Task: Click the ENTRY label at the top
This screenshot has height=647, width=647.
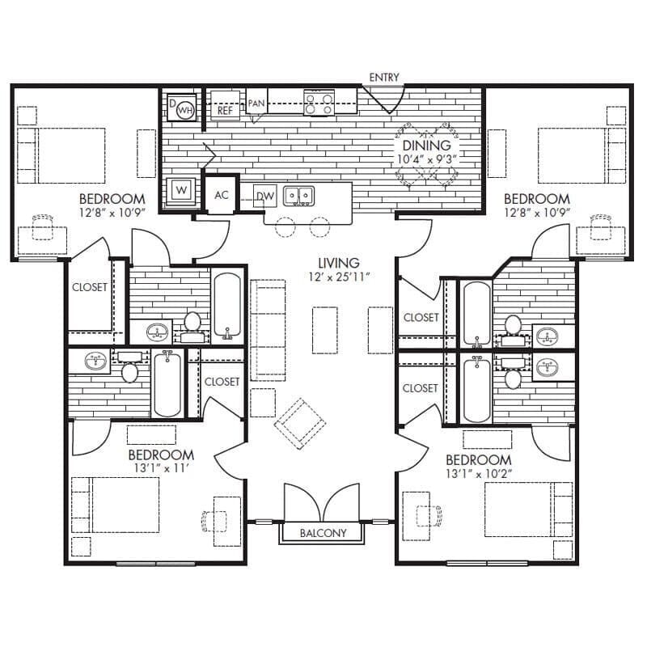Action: pos(384,77)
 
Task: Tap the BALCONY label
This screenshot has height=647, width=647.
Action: pos(323,533)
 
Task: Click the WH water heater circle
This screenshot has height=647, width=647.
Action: pos(185,109)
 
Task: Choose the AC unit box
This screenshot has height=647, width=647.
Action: pos(222,195)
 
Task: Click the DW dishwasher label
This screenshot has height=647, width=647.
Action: pos(264,196)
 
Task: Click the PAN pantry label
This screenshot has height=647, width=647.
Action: pos(256,103)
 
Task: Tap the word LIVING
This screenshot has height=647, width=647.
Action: pos(338,263)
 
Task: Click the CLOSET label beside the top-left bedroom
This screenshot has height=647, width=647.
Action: pos(90,287)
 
